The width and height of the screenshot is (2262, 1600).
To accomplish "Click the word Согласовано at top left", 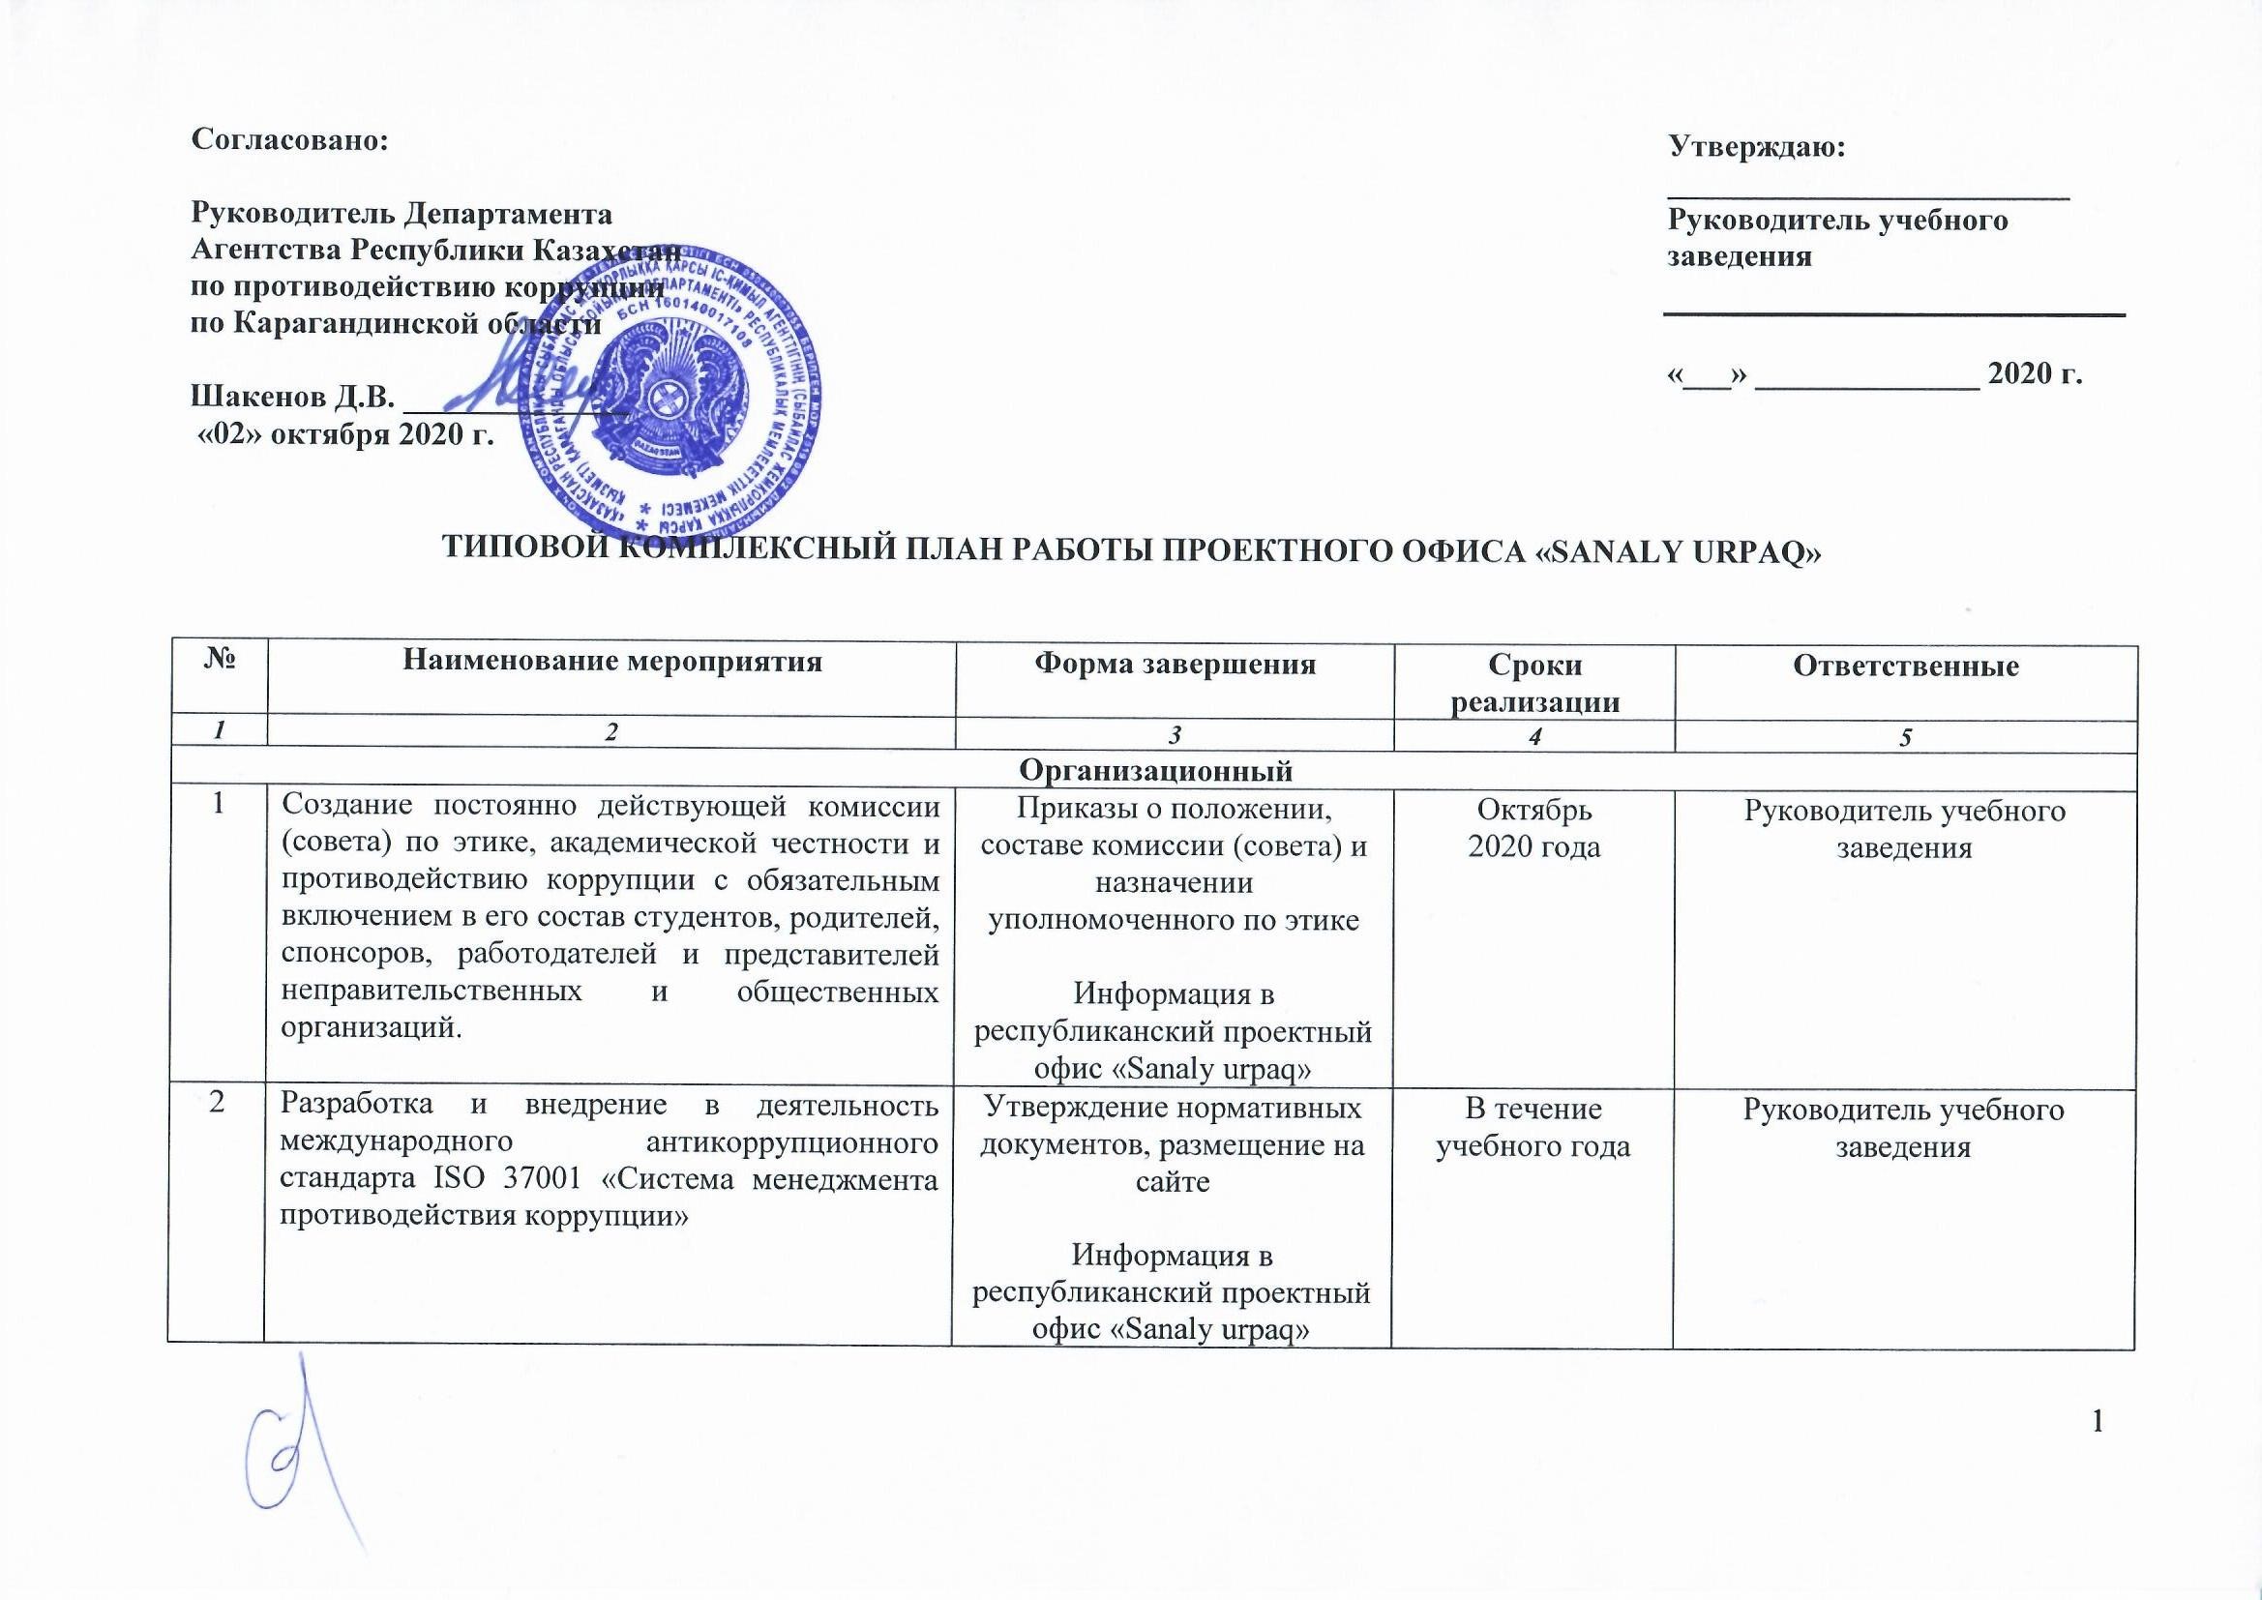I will (x=289, y=140).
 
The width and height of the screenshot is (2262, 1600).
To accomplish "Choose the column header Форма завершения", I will (x=1175, y=664).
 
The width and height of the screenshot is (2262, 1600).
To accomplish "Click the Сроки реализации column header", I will (x=1534, y=683).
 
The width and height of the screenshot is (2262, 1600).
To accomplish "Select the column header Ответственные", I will (x=1905, y=666).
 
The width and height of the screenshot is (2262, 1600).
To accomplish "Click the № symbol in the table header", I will (x=219, y=659).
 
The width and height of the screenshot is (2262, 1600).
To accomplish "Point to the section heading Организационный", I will (x=1154, y=770).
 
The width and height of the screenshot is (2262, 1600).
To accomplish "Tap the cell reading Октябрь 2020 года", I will (x=1533, y=828).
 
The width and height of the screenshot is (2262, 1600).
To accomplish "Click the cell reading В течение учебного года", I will (x=1533, y=1127).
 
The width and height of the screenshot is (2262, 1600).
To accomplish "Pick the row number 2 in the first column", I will (x=216, y=1103).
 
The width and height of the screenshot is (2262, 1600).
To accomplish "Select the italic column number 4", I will (x=1533, y=737).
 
